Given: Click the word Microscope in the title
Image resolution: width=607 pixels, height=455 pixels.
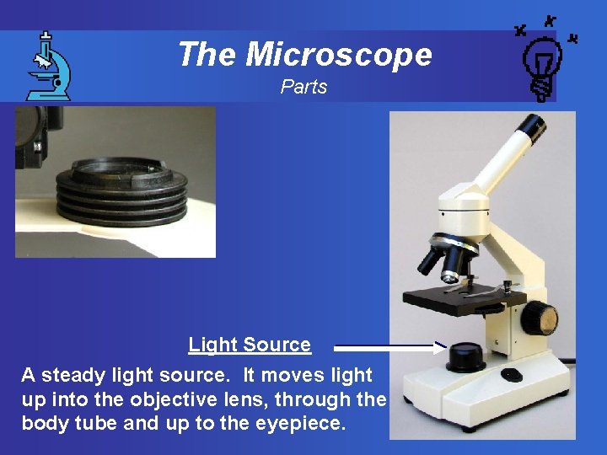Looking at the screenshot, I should pos(339,55).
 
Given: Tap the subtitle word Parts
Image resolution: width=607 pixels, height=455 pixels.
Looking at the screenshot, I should pos(303,87).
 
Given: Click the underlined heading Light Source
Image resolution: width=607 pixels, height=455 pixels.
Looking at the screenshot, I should pos(250,345).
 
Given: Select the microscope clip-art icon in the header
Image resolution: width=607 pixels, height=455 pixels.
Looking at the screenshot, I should pos(47,66).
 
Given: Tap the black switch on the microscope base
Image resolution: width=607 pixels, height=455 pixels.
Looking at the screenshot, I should pos(512,374).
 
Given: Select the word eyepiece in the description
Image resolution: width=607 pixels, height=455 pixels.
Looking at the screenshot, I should pos(303,424).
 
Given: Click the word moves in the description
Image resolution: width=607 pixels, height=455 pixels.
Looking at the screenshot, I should pos(269,375).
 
